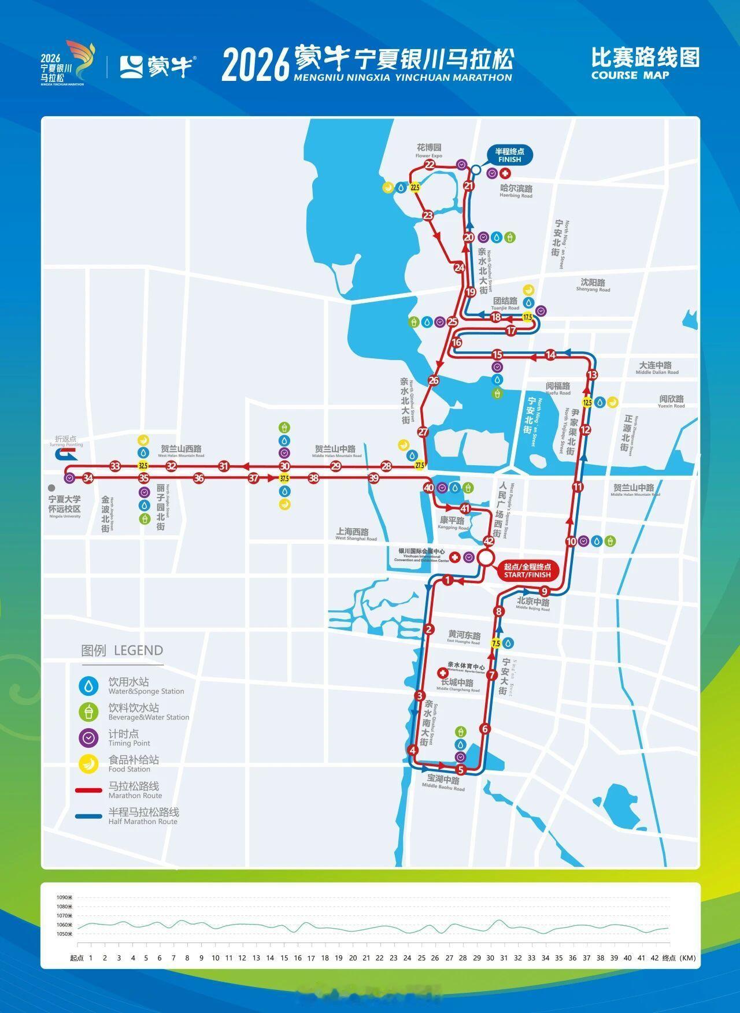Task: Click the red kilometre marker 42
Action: (489, 541)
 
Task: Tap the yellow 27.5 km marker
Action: (420, 465)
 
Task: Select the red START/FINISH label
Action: (528, 571)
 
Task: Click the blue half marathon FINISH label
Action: (509, 155)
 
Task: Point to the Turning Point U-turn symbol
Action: (61, 455)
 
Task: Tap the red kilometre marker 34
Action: (88, 478)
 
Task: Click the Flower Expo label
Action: (429, 151)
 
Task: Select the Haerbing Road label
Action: (516, 191)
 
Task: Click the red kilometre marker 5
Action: (461, 770)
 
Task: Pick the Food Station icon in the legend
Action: (88, 764)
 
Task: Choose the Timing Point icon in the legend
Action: (88, 738)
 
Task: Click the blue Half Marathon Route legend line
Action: (88, 817)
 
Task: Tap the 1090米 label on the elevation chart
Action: (64, 897)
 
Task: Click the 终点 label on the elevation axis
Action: (669, 958)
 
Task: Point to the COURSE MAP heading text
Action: (630, 75)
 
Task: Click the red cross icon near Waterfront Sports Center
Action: (443, 674)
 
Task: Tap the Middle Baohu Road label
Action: (443, 784)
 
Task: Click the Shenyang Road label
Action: (593, 285)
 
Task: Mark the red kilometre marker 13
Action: (591, 375)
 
